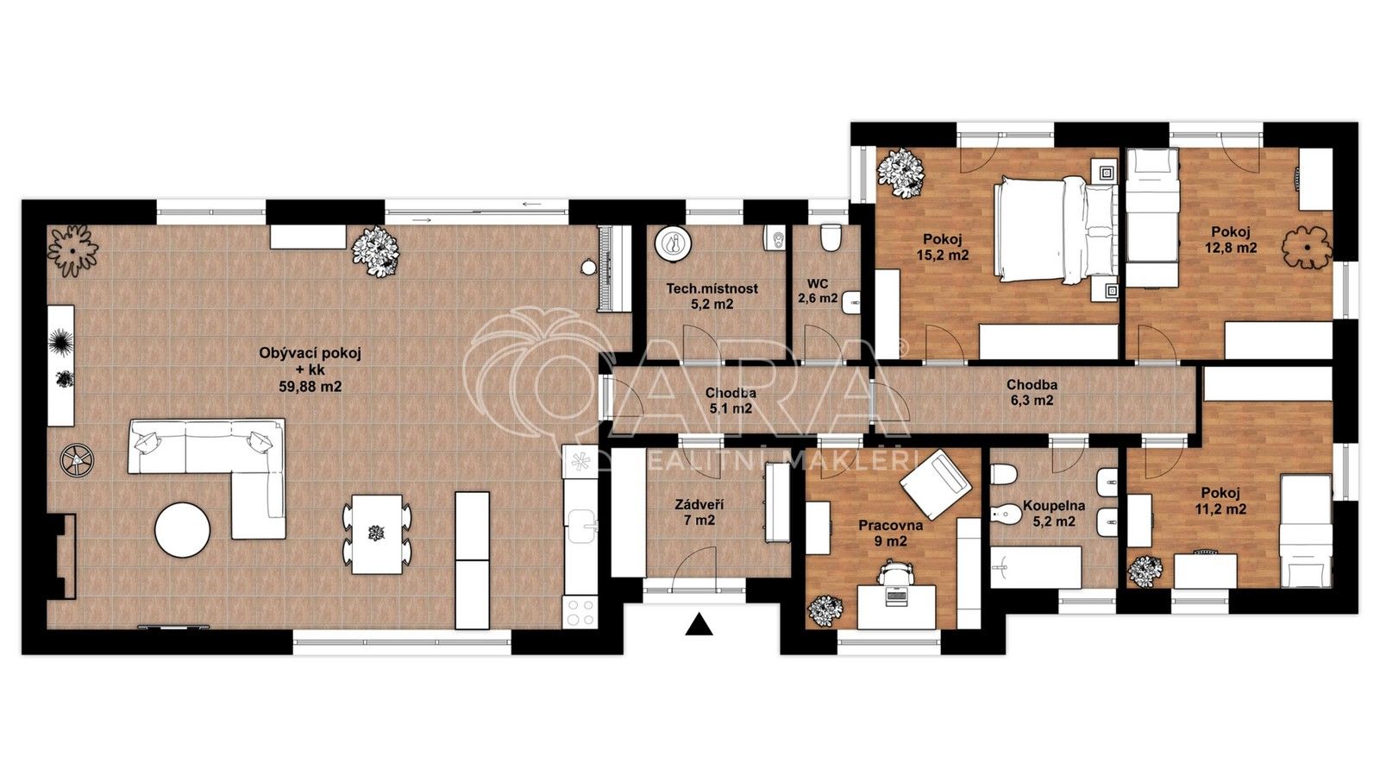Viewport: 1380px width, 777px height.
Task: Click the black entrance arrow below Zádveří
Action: (699, 624)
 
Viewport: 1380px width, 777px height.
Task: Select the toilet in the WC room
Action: (831, 237)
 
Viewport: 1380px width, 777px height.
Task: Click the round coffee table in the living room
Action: (182, 529)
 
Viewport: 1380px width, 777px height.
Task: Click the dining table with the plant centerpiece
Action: (376, 534)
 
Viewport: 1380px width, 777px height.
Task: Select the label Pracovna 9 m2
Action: (890, 534)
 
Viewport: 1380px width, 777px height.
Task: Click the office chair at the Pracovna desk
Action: (897, 572)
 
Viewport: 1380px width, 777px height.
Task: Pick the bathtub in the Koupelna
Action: (1036, 567)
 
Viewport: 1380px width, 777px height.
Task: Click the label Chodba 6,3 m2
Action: (1032, 393)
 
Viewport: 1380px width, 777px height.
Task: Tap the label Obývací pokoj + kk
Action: (310, 370)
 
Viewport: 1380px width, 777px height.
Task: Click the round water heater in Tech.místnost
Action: (674, 243)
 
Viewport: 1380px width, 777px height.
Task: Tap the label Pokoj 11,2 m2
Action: (1222, 501)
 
